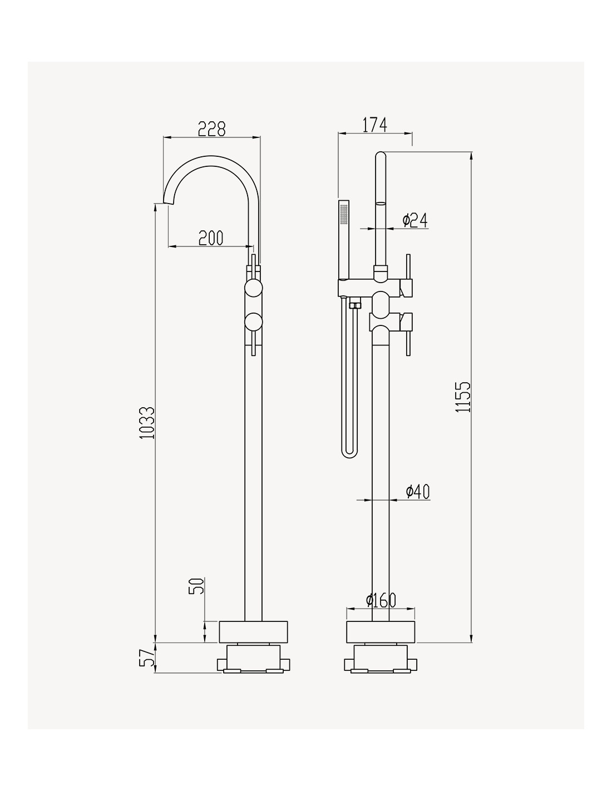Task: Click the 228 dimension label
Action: (211, 128)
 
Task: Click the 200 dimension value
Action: (211, 238)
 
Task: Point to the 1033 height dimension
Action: (147, 423)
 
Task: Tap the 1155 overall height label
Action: (463, 397)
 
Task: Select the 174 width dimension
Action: (374, 125)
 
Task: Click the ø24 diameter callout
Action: (414, 221)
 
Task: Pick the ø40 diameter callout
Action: (418, 491)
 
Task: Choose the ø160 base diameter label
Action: (381, 600)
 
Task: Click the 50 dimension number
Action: (196, 586)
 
